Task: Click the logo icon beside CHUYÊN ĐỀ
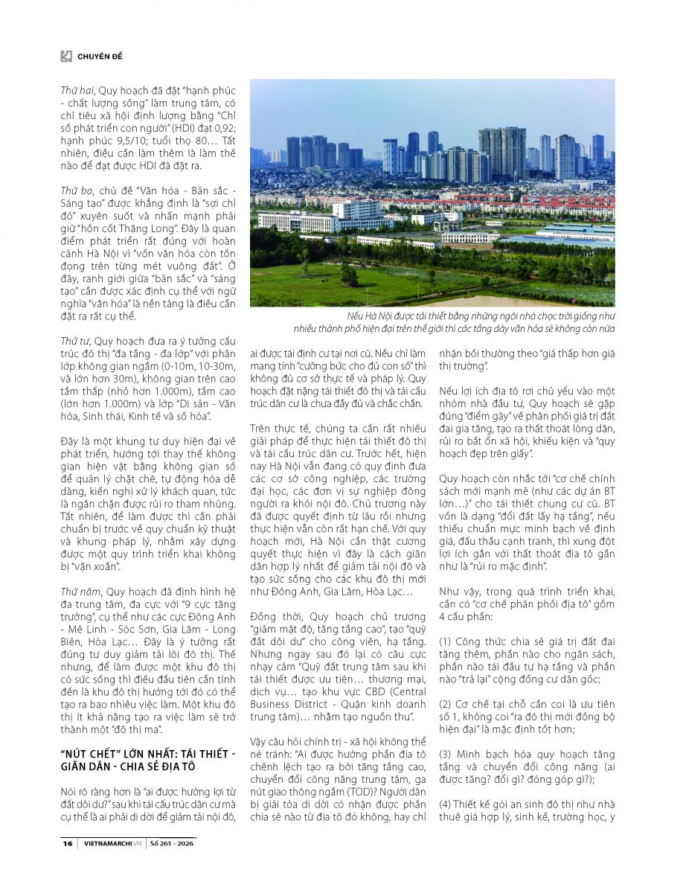[66, 56]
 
